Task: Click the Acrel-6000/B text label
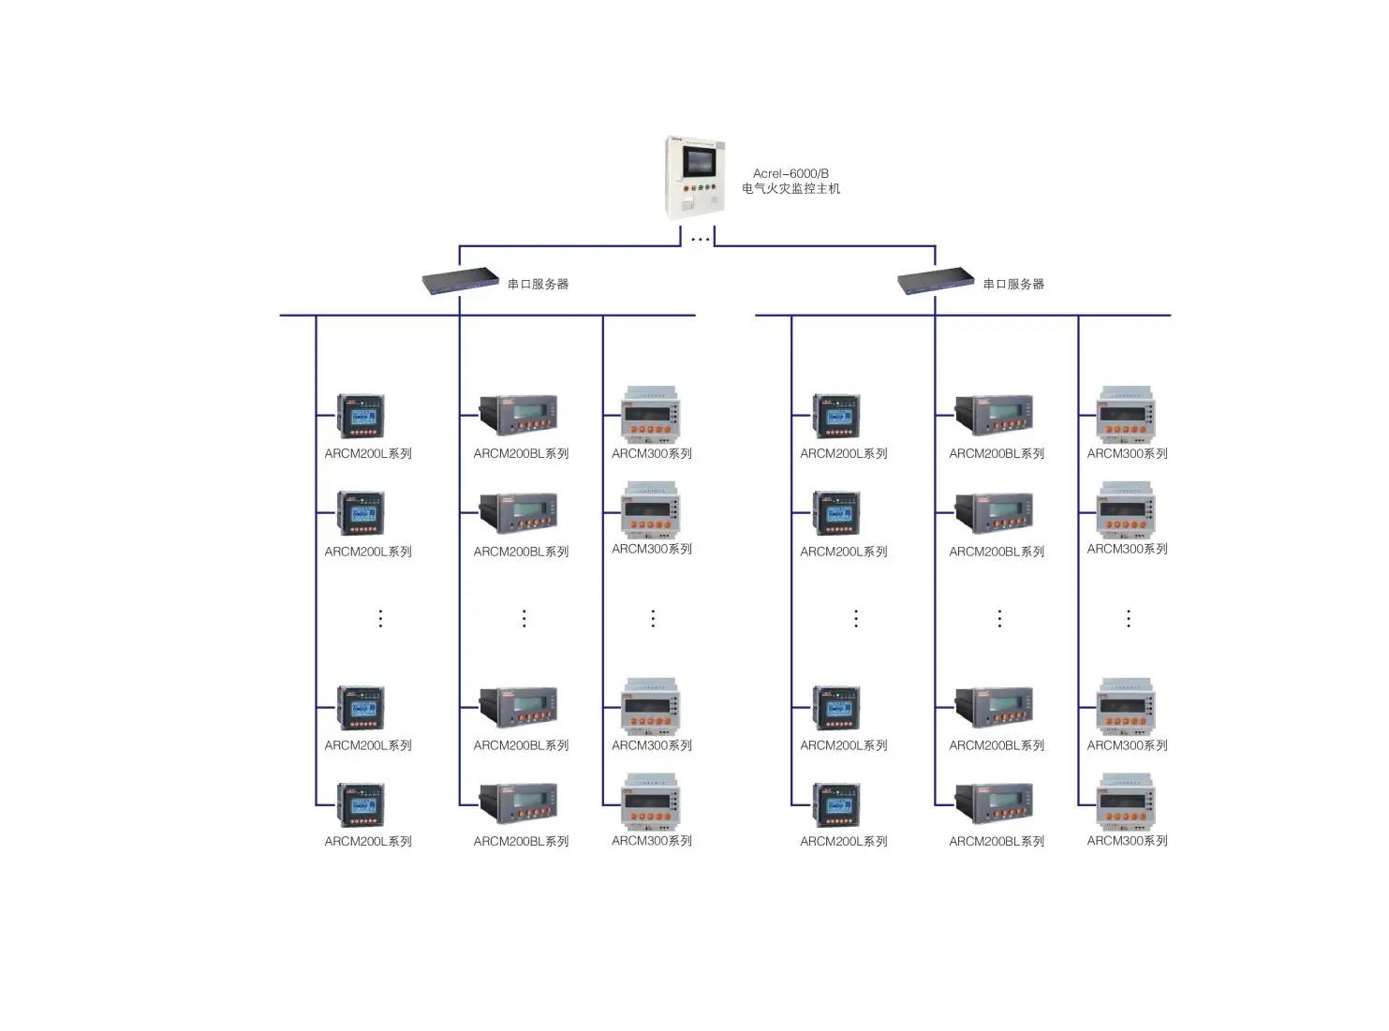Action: [x=791, y=173]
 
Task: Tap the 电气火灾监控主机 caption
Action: [x=791, y=188]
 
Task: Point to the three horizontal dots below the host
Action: [x=700, y=240]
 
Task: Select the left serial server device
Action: [x=460, y=281]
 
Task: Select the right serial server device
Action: [x=936, y=281]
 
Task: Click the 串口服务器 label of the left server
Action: [x=538, y=284]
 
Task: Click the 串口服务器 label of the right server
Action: [x=1013, y=284]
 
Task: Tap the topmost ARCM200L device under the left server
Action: [x=362, y=417]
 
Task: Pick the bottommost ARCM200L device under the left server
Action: [x=362, y=805]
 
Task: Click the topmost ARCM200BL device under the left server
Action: [x=519, y=415]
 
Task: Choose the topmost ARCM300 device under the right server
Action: [x=1126, y=415]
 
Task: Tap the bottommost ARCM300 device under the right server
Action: [x=1126, y=802]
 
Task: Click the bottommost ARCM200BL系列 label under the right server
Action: [x=997, y=841]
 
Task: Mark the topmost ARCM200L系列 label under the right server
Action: [x=843, y=453]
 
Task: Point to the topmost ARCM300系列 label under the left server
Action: [x=652, y=453]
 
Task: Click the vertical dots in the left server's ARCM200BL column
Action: [x=525, y=618]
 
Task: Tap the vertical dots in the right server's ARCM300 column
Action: [x=1129, y=618]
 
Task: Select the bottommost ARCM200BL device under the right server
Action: [x=995, y=803]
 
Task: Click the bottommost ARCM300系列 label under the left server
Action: [x=652, y=840]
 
